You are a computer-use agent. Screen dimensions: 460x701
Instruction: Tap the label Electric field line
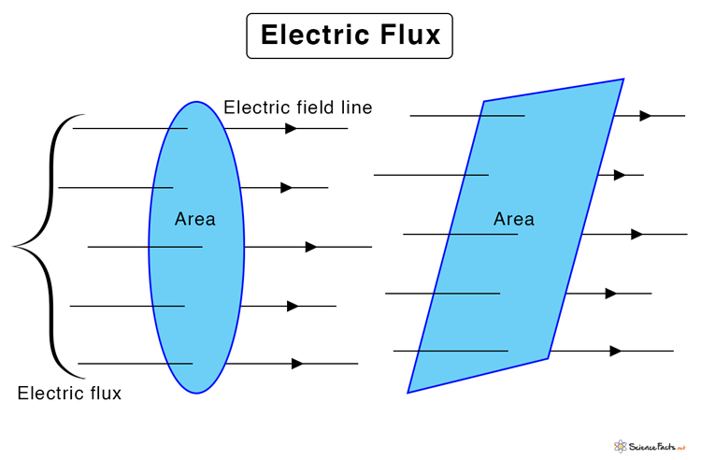[x=297, y=108]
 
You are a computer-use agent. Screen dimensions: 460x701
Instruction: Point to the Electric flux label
[x=69, y=393]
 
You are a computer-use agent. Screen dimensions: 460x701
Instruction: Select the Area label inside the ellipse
[x=195, y=219]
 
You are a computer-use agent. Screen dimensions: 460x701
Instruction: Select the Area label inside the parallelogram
[x=514, y=219]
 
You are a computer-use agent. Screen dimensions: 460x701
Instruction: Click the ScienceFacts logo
[x=654, y=446]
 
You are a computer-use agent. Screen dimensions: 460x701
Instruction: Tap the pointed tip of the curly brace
[x=14, y=246]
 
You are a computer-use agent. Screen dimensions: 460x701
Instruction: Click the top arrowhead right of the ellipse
[x=292, y=128]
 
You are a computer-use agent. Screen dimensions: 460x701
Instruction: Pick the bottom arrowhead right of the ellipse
[x=297, y=363]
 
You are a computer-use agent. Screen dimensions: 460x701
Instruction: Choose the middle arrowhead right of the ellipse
[x=311, y=247]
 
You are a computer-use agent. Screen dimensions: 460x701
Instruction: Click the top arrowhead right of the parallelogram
[x=646, y=116]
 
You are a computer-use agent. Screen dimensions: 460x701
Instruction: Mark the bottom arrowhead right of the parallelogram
[x=616, y=351]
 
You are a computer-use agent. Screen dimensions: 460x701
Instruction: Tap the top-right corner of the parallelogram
[x=623, y=79]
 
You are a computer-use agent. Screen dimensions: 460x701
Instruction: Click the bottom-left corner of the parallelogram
[x=408, y=392]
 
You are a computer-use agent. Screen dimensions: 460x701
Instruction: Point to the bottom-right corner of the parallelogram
[x=548, y=358]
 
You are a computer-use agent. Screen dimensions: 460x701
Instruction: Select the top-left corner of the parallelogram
[x=484, y=101]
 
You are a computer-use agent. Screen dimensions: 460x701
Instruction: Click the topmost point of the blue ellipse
[x=196, y=102]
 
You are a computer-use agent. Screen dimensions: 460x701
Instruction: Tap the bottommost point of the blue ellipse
[x=196, y=393]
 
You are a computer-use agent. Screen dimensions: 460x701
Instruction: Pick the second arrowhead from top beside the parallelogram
[x=620, y=175]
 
